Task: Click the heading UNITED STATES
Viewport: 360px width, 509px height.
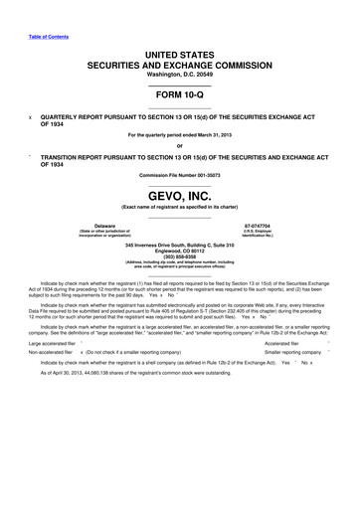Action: [x=180, y=50]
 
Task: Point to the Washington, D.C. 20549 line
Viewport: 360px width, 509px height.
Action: [x=180, y=74]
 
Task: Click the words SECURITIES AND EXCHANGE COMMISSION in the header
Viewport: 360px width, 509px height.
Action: [x=180, y=63]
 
